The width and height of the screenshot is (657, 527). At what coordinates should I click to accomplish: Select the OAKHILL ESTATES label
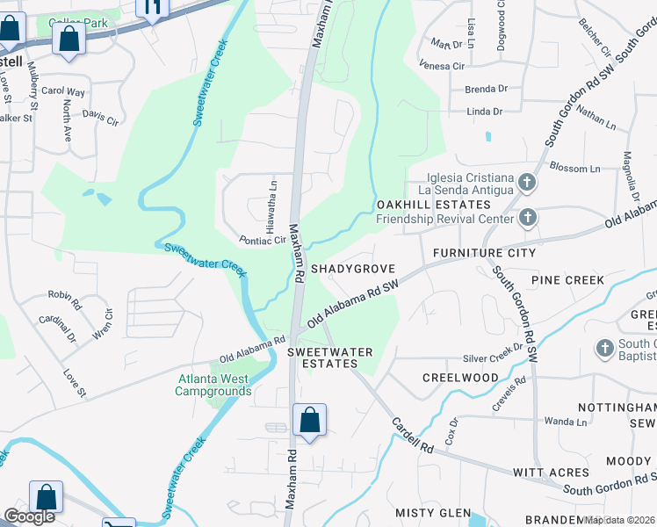point(419,204)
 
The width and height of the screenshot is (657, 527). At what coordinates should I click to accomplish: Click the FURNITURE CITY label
point(484,253)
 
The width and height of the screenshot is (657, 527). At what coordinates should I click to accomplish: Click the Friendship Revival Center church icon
point(527,217)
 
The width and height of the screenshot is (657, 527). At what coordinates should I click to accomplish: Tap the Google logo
point(29,516)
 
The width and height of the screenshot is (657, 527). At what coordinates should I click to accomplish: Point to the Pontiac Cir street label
point(263,240)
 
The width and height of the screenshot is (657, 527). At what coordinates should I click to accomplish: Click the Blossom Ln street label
point(574,168)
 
